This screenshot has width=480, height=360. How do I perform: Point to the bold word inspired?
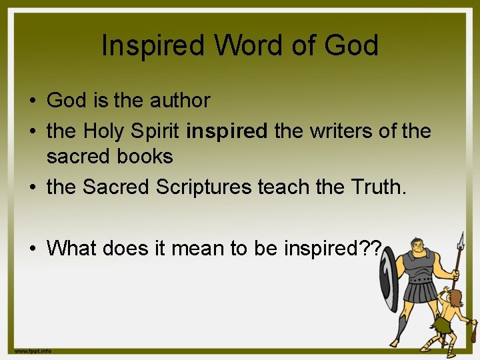tap(227, 131)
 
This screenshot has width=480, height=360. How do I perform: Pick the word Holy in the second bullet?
tap(106, 131)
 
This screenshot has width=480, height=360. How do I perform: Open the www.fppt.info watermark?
tap(33, 351)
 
